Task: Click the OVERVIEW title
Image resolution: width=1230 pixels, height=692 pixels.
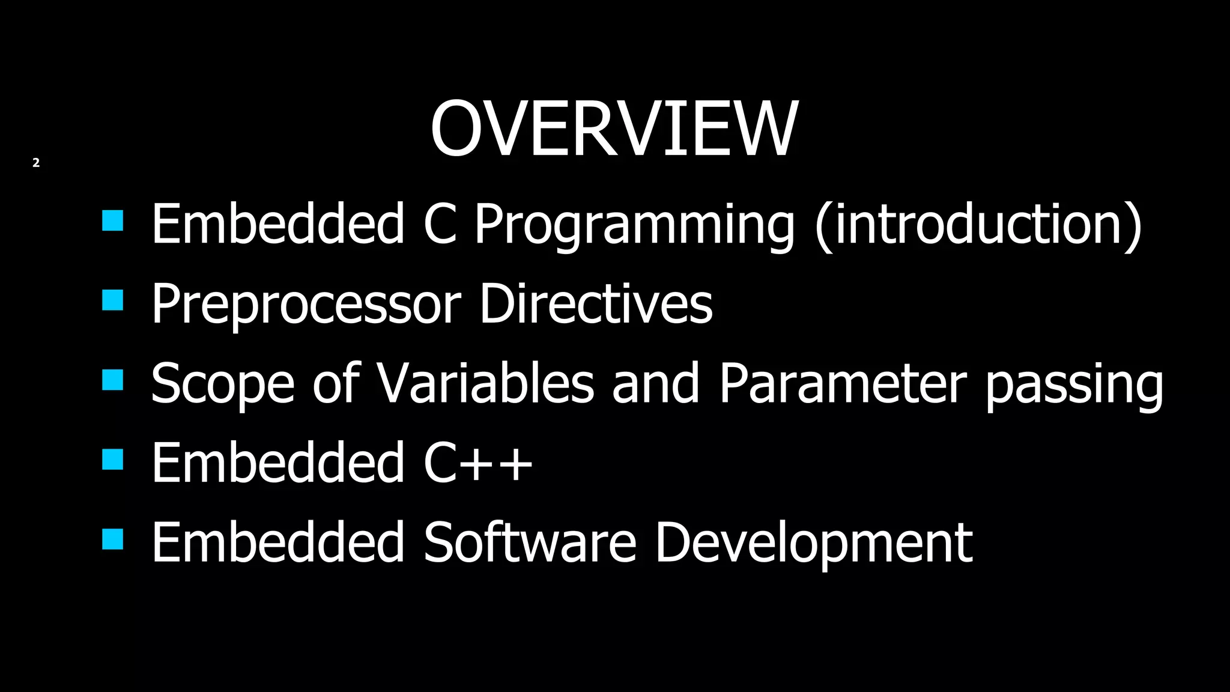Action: point(614,129)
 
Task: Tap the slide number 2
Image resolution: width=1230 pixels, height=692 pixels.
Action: point(36,163)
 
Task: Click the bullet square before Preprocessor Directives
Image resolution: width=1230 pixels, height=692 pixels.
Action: point(113,300)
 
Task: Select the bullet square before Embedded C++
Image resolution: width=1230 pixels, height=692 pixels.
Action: point(113,459)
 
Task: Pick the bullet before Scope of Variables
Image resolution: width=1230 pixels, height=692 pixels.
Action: point(113,380)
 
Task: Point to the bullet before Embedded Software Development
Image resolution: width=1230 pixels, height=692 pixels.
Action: point(113,539)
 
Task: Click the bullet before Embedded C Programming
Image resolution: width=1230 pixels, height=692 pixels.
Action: point(113,220)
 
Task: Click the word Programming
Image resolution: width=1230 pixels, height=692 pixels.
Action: point(634,225)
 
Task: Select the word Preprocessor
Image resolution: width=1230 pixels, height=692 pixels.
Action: point(306,305)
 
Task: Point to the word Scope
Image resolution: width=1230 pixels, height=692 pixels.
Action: point(222,384)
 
